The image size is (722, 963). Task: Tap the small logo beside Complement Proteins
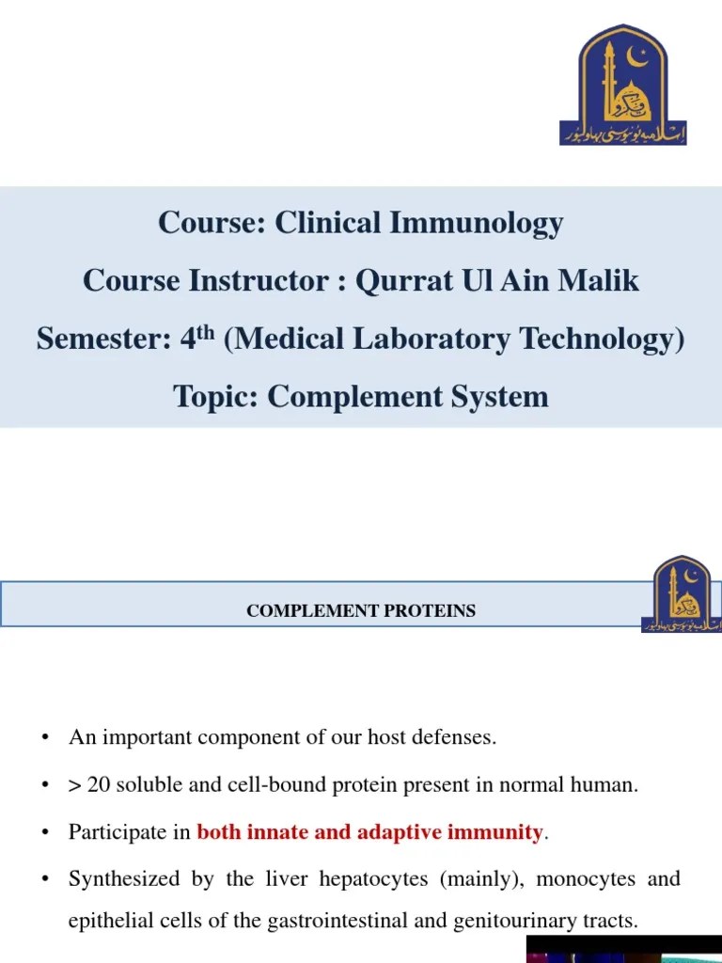coord(682,593)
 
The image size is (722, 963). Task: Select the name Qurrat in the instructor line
coord(400,280)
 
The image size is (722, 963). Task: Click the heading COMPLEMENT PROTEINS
coord(361,611)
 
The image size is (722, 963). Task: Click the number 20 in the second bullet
coord(99,785)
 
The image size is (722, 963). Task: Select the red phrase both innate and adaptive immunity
coord(369,832)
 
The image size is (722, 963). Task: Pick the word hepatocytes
coord(372,880)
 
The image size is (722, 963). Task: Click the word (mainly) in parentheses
coord(489,880)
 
